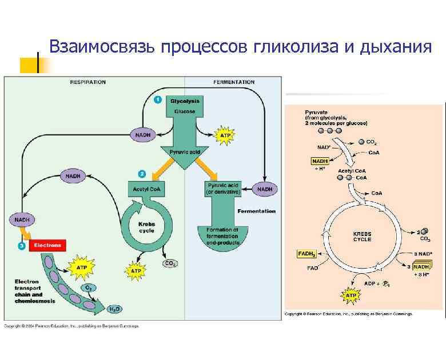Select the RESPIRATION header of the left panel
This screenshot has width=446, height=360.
point(87,82)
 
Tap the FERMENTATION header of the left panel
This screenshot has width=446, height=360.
point(234,82)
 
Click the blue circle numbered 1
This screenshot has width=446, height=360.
point(158,100)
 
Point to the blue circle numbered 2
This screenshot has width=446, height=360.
point(142,173)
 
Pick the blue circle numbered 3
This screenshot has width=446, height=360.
point(21,246)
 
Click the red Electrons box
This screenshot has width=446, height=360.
point(48,245)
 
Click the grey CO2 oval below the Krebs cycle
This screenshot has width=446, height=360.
point(170,263)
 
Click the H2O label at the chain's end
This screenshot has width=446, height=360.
point(114,309)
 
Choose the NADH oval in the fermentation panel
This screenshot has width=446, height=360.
point(265,189)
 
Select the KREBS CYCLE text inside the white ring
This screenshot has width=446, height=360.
point(362,237)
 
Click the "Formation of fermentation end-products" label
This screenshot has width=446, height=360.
point(223,235)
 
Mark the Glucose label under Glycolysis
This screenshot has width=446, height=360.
point(185,111)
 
